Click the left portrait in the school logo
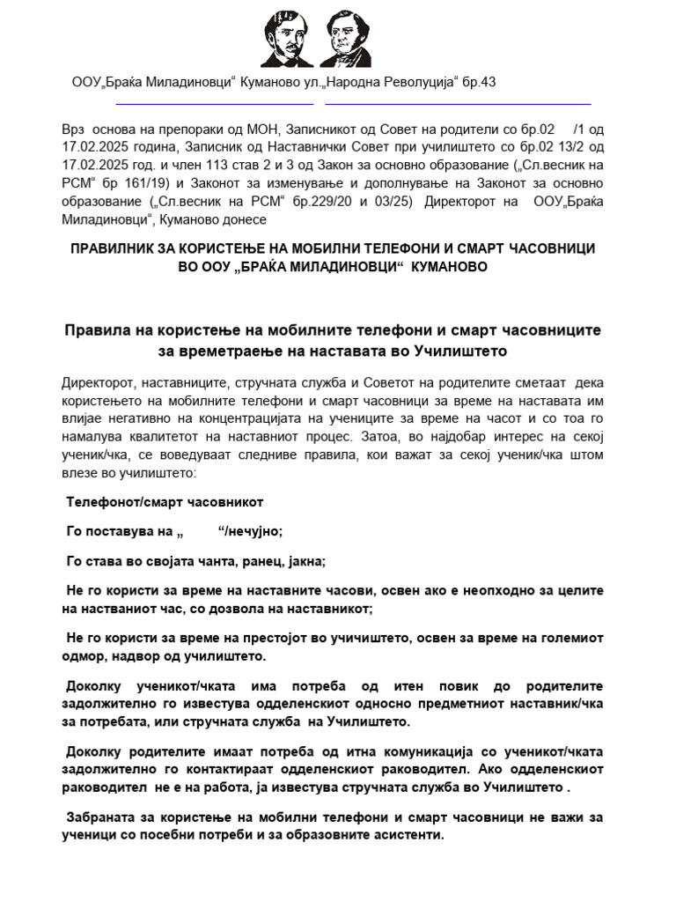[x=286, y=39]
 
